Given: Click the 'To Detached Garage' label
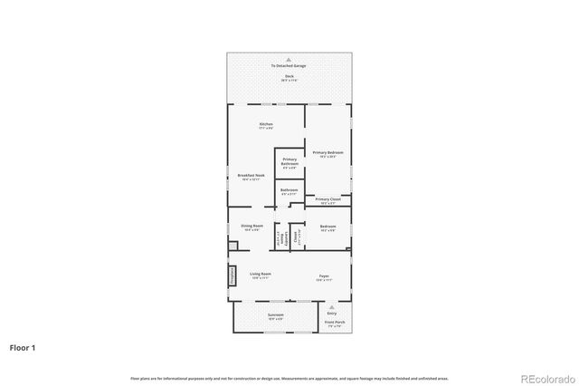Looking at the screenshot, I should click(289, 66).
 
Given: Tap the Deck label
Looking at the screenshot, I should click(289, 78).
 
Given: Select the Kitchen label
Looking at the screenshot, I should click(266, 125).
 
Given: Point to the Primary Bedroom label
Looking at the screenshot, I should click(328, 154).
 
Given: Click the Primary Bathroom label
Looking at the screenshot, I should click(289, 162).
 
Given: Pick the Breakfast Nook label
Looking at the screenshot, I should click(251, 177).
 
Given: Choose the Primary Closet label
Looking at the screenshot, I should click(328, 200).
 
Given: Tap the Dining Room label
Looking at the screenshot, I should click(252, 227).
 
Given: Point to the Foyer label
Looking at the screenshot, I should click(323, 275).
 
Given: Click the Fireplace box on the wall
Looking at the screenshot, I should click(232, 275).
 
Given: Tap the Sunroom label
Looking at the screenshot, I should click(275, 316).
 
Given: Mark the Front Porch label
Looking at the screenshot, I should click(333, 323).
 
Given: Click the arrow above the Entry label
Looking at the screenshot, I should click(331, 307).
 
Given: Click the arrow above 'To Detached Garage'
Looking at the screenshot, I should click(289, 59).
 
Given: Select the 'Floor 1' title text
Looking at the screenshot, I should click(23, 347).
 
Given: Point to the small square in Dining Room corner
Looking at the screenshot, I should click(233, 245).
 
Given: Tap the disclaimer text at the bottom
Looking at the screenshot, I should click(289, 378).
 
